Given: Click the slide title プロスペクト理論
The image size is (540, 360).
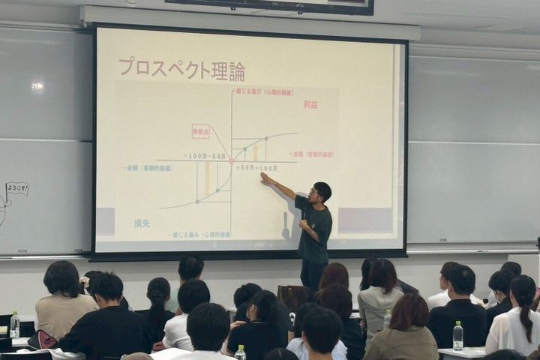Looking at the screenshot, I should (181, 70).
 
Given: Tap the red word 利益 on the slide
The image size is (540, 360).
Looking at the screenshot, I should (310, 104).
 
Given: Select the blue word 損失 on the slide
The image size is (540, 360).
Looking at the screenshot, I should (142, 223).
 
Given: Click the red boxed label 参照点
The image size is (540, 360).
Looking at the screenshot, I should (200, 131).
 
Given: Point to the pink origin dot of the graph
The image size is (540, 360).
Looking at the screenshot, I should (231, 161).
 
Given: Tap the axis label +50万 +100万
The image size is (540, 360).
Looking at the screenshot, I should (256, 168).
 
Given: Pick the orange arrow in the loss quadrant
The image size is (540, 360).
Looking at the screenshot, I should (207, 178).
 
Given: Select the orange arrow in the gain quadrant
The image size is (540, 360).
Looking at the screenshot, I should (255, 151).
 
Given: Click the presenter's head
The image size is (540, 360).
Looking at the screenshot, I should (322, 192).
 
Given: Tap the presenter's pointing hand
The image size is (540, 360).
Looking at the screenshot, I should (264, 177).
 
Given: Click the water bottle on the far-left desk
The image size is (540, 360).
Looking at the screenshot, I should (14, 325).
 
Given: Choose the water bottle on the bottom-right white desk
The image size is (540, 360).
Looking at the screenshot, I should (457, 337).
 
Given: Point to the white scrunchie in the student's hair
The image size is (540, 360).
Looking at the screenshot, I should (84, 282).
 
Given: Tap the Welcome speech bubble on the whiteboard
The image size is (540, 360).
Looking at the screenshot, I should (16, 189).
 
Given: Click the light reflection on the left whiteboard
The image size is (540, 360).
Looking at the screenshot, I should (37, 86).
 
